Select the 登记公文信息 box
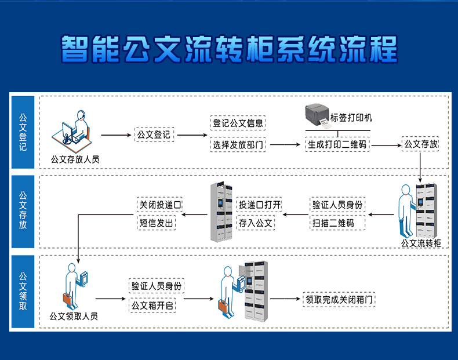coord(238,123)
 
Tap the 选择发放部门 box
coord(238,144)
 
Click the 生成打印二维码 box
coord(337,144)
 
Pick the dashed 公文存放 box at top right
coord(420,144)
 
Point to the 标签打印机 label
coord(351,118)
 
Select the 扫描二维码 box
coord(333,223)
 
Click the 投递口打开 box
coord(259,205)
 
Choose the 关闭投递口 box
coord(160,205)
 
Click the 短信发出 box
coord(157,223)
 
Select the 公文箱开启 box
coord(152,305)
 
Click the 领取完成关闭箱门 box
coord(340,300)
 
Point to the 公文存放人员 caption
coord(75,158)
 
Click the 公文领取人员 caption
coord(74,317)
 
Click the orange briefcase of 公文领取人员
coord(69,299)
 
